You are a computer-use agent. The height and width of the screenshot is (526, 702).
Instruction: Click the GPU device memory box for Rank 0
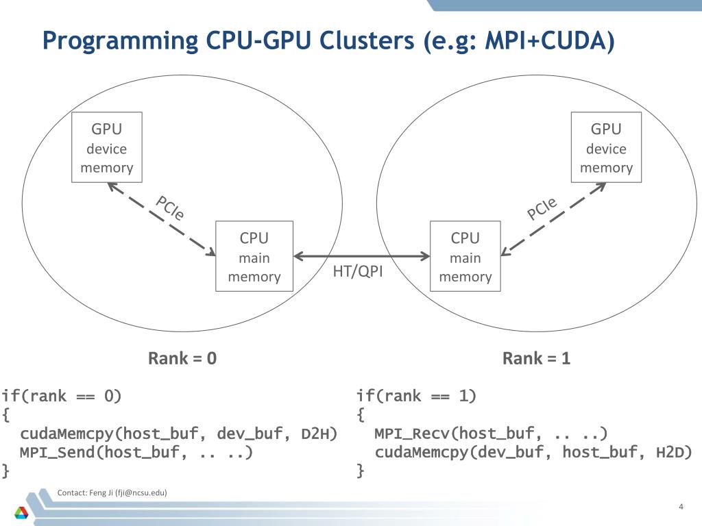pyautogui.click(x=107, y=147)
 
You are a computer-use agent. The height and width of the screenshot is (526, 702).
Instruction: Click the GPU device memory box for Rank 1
pyautogui.click(x=606, y=147)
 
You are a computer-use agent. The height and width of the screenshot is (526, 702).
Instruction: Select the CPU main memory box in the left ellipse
pyautogui.click(x=254, y=256)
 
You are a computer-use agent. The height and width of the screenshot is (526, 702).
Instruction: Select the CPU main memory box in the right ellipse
pyautogui.click(x=465, y=256)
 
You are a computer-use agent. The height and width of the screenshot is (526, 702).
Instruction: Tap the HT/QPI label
pyautogui.click(x=358, y=271)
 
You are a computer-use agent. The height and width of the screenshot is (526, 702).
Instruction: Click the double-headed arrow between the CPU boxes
pyautogui.click(x=362, y=256)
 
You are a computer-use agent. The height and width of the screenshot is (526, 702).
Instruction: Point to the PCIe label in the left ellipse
pyautogui.click(x=170, y=208)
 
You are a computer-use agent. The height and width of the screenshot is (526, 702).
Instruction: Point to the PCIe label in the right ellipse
pyautogui.click(x=542, y=208)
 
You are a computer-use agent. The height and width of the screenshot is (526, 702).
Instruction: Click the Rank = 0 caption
pyautogui.click(x=182, y=358)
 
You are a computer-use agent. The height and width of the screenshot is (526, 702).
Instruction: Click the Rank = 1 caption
pyautogui.click(x=536, y=358)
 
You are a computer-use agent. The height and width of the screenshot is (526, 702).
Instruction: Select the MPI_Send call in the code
pyautogui.click(x=136, y=453)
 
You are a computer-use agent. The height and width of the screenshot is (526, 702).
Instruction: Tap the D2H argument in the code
pyautogui.click(x=319, y=434)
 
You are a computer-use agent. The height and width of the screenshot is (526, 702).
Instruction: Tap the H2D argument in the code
pyautogui.click(x=674, y=453)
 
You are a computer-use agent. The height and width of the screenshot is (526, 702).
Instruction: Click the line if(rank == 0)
pyautogui.click(x=61, y=397)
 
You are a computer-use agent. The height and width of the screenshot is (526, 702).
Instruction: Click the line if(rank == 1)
pyautogui.click(x=416, y=397)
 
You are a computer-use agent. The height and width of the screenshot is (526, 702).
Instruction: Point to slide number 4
pyautogui.click(x=681, y=507)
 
